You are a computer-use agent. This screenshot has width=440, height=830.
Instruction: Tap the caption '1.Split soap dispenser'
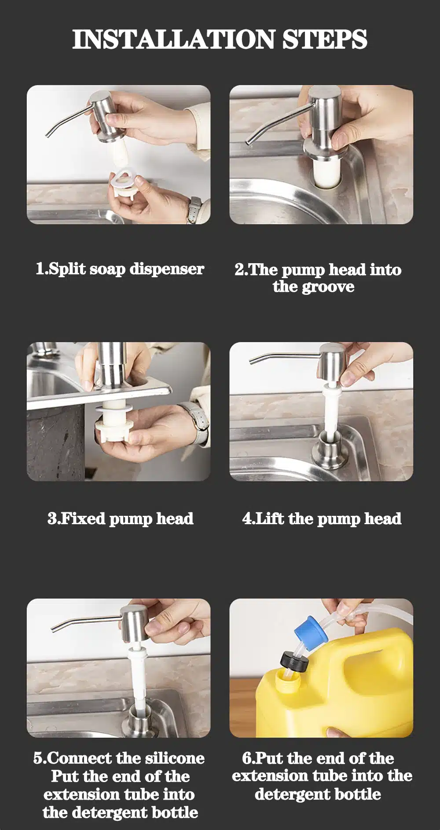[120, 269]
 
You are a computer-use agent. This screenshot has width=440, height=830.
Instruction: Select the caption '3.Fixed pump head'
[121, 518]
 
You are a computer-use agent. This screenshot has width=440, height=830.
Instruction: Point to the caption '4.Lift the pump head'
[322, 518]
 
